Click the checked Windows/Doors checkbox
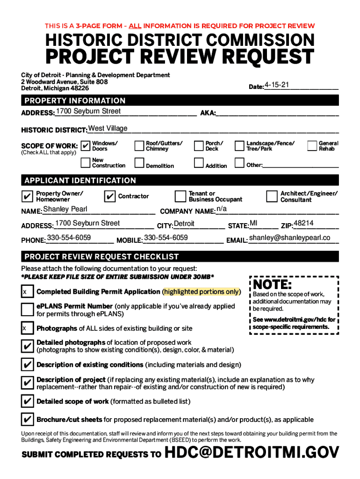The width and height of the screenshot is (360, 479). tap(86, 146)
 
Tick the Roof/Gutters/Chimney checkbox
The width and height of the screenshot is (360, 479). tap(139, 146)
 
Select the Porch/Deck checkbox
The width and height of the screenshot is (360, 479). tap(199, 146)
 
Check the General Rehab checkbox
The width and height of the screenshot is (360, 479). tap(312, 146)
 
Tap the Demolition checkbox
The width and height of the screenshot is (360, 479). tap(139, 163)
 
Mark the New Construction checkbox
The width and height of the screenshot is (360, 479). tap(85, 163)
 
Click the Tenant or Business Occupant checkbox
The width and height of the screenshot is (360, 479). tap(180, 196)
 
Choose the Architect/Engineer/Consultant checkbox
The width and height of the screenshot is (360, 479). tap(272, 196)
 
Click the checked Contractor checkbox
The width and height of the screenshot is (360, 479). tap(110, 196)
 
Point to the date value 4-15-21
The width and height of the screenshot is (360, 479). tap(277, 85)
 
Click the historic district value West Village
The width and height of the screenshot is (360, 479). tap(108, 129)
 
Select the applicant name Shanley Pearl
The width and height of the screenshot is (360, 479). tap(65, 209)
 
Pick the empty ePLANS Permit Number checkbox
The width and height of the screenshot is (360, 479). tap(27, 310)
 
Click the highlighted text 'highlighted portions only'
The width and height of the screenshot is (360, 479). tap(202, 291)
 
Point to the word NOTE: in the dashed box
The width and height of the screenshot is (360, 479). tap(273, 284)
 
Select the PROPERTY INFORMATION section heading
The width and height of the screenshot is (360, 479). tap(75, 101)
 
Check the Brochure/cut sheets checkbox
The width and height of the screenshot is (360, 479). tap(27, 419)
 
